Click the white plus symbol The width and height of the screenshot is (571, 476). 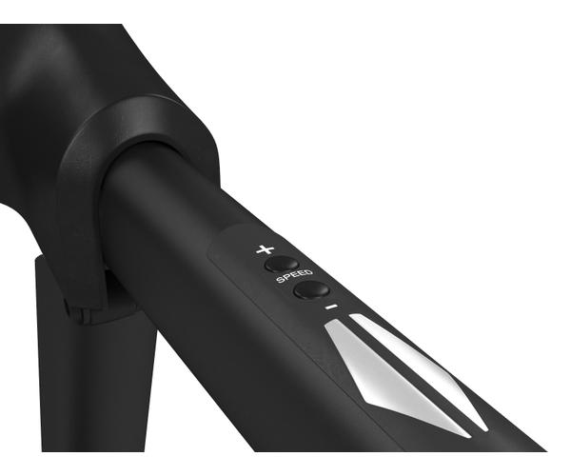click(x=266, y=249)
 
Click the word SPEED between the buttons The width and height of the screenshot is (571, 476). click(x=294, y=276)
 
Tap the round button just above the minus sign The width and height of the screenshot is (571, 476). click(x=312, y=290)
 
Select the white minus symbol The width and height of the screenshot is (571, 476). click(x=331, y=307)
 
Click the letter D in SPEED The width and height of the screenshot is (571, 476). click(x=308, y=271)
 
